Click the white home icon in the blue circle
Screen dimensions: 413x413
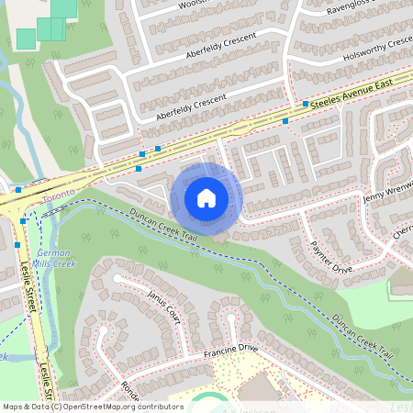tap(206, 197)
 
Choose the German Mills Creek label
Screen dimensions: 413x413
tap(54, 258)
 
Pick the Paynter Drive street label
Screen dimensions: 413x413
tap(331, 257)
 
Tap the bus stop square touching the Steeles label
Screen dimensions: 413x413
tap(306, 104)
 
